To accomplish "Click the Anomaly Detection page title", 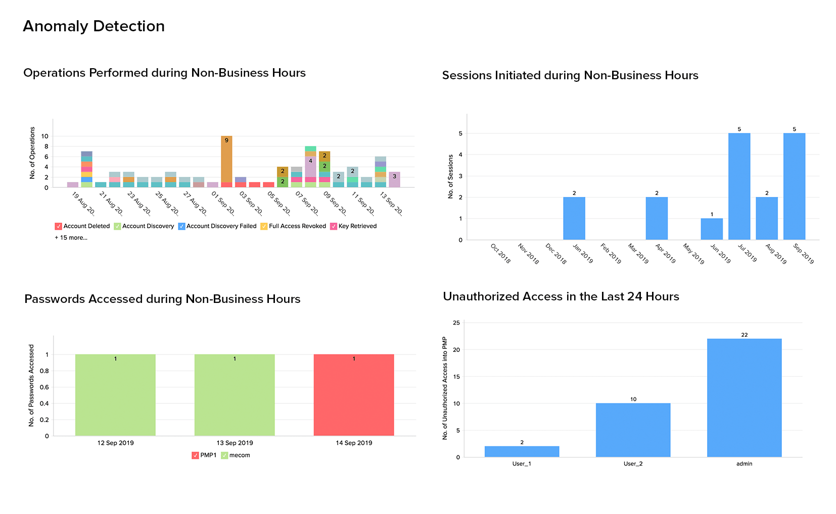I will [94, 26].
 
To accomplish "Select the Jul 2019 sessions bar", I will [739, 186].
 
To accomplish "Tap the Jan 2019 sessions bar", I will [574, 218].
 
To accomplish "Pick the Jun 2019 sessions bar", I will [712, 229].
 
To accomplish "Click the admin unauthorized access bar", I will [744, 398].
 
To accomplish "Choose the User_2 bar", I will [633, 430].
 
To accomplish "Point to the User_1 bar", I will [522, 451].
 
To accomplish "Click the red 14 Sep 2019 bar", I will [354, 395].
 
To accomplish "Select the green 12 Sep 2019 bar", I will [115, 395].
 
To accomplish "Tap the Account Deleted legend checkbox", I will [58, 226].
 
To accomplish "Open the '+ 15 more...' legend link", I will [71, 238].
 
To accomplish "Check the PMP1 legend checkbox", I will [195, 455].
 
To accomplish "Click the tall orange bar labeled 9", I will [226, 159].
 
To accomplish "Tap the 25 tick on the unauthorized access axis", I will [456, 323].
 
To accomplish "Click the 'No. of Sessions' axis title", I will [451, 176].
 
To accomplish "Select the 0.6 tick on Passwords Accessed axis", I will [44, 387].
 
